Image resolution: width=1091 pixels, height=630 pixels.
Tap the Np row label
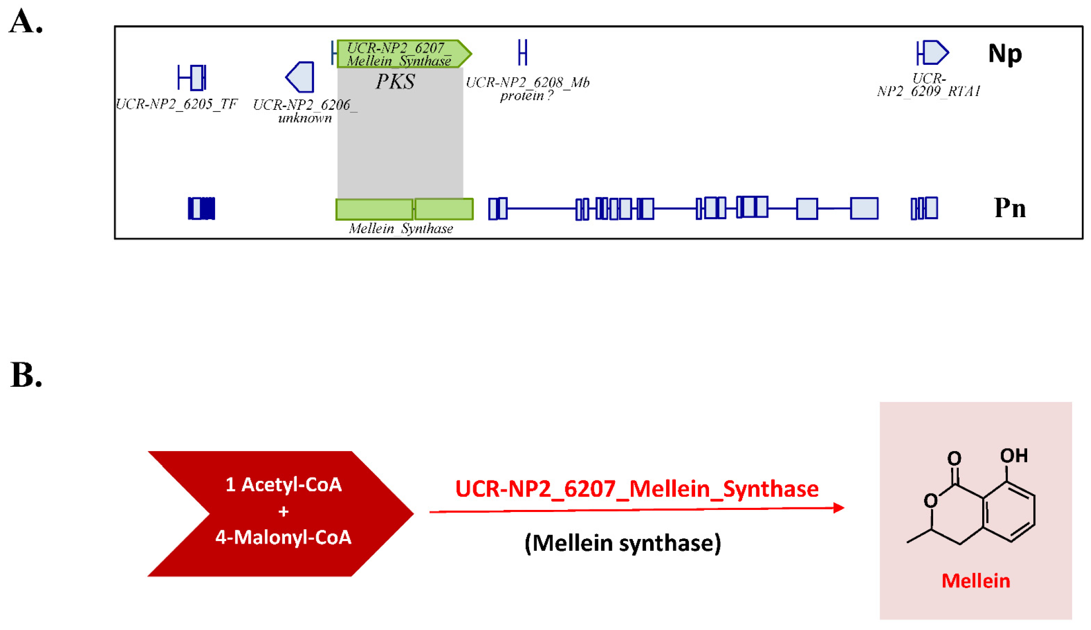point(1004,54)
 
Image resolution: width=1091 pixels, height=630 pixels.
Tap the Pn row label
point(1009,208)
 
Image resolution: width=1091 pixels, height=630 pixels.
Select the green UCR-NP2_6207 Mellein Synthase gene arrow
point(404,54)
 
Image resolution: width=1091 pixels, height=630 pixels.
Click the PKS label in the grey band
point(395,82)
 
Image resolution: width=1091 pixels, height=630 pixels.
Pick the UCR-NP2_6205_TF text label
point(177,104)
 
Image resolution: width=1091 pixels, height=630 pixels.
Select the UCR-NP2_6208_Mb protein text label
point(527,89)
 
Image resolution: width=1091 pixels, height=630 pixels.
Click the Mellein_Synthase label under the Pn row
point(400,228)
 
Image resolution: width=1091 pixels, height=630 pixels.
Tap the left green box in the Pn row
point(374,209)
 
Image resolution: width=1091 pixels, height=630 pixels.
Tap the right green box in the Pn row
point(444,209)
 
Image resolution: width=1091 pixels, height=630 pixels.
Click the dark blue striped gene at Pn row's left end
point(202,208)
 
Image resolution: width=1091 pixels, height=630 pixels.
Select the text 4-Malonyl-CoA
point(283,537)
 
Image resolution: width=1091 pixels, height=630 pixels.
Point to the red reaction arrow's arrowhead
point(838,508)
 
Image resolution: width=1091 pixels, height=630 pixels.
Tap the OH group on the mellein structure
point(1013,455)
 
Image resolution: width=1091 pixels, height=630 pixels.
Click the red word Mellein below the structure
point(975,581)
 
